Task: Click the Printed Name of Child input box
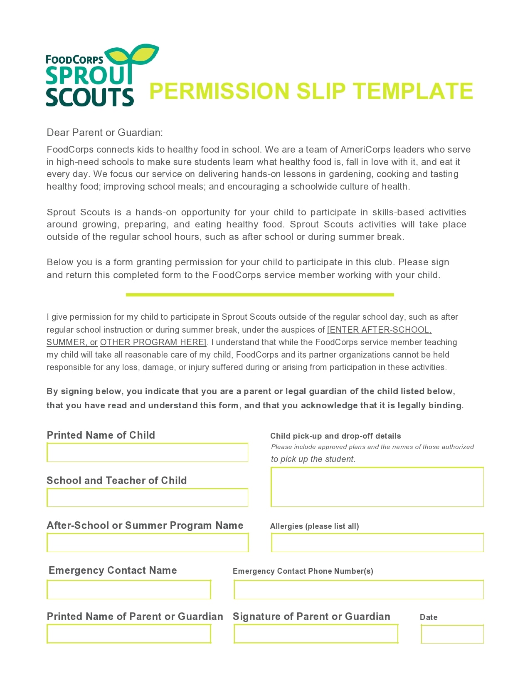click(x=147, y=452)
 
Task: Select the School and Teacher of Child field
click(x=147, y=498)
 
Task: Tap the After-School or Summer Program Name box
click(x=147, y=543)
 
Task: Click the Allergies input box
click(x=377, y=543)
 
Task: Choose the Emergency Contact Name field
click(x=129, y=590)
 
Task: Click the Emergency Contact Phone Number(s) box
click(x=358, y=590)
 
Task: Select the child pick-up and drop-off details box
click(x=377, y=487)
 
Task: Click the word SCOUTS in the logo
click(x=89, y=97)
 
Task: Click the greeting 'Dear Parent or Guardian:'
click(x=105, y=133)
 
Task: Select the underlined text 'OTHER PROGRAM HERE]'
click(x=153, y=342)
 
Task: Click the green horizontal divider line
click(x=260, y=295)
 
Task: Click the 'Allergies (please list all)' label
click(x=314, y=526)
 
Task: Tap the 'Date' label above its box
click(x=429, y=617)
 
